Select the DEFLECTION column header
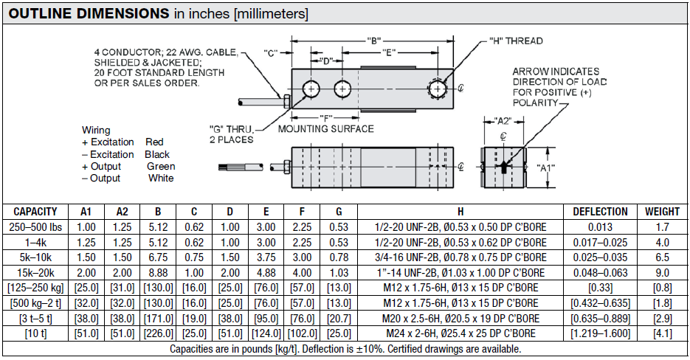pos(600,211)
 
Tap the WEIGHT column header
pos(662,211)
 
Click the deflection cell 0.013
pos(600,226)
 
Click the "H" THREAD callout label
pos(516,41)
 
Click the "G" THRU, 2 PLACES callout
pos(231,134)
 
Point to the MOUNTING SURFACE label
pos(325,129)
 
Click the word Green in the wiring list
pos(161,167)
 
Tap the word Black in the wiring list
pos(157,154)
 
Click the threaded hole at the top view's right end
pos(440,89)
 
